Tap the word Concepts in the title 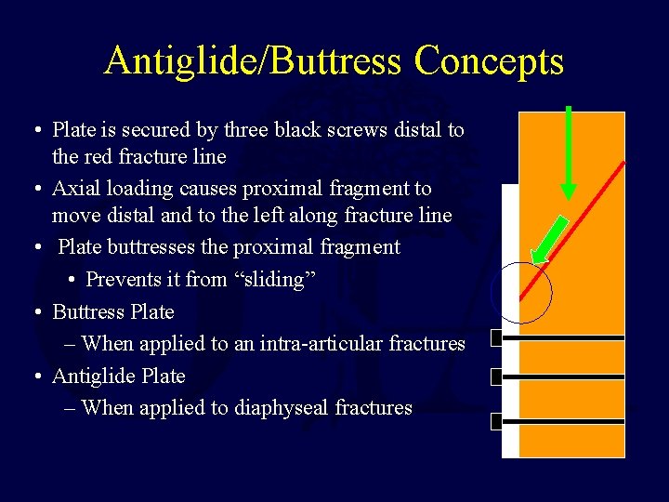pyautogui.click(x=489, y=61)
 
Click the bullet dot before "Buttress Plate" pyautogui.click(x=34, y=312)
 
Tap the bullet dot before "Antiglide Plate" pyautogui.click(x=34, y=376)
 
